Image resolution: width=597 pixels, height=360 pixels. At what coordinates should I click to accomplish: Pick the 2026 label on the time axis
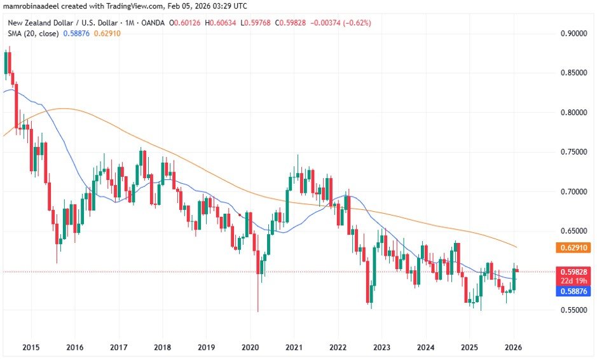(513, 347)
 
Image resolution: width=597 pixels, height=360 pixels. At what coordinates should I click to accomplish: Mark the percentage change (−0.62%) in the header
(357, 23)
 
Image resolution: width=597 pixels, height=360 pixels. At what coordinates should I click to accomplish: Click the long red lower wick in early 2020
(258, 293)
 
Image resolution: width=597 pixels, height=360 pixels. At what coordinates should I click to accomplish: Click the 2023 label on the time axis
(381, 347)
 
